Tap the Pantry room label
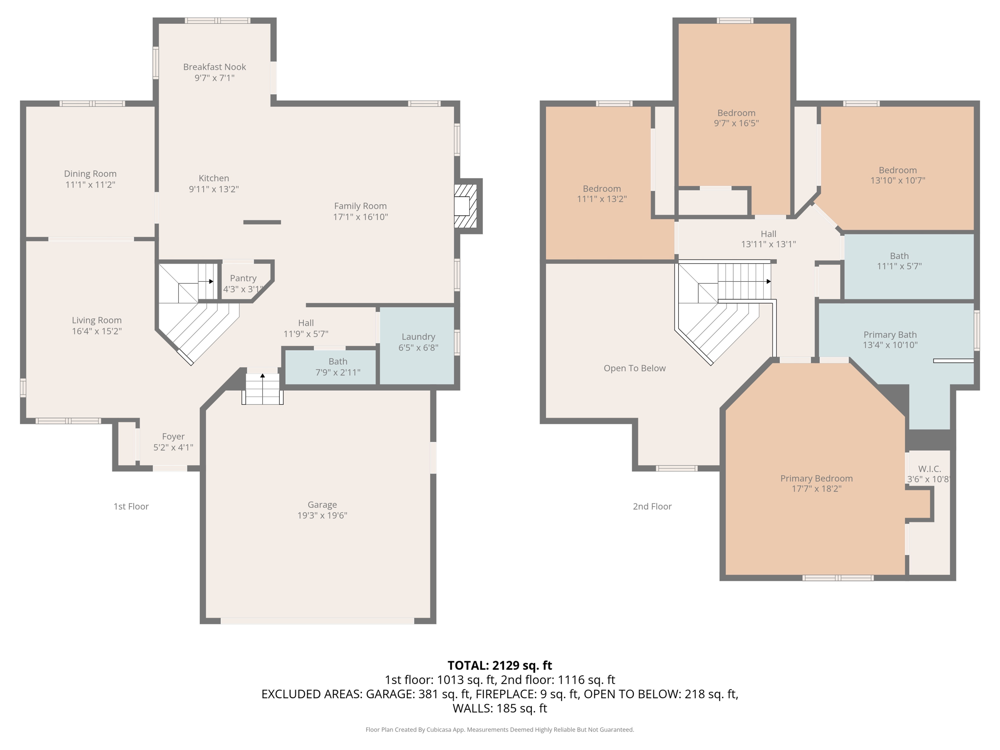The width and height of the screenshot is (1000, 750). click(243, 278)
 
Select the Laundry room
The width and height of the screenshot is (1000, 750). click(418, 342)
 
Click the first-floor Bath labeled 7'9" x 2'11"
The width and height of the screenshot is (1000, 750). click(337, 367)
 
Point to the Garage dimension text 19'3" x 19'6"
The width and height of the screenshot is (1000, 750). click(322, 515)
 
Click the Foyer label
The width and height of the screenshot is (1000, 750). click(173, 437)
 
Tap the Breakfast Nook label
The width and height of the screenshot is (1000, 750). click(214, 67)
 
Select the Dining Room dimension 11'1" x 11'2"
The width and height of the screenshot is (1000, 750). click(90, 185)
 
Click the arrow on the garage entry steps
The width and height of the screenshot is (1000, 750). click(263, 376)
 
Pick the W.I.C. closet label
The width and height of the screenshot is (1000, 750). click(929, 469)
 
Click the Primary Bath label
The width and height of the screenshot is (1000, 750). click(890, 335)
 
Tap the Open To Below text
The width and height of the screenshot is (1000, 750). click(634, 368)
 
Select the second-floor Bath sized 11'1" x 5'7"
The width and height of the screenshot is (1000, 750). click(899, 261)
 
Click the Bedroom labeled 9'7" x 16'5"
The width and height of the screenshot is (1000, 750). click(736, 118)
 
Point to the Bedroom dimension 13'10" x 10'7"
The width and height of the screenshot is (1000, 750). click(897, 180)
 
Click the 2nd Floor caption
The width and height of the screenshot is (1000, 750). click(652, 506)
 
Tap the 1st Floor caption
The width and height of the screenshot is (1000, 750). click(131, 506)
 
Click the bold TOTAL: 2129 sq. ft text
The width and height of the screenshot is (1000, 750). click(500, 666)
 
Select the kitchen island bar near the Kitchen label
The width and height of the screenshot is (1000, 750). click(262, 222)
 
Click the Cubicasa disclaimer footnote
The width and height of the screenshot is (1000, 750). click(500, 729)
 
